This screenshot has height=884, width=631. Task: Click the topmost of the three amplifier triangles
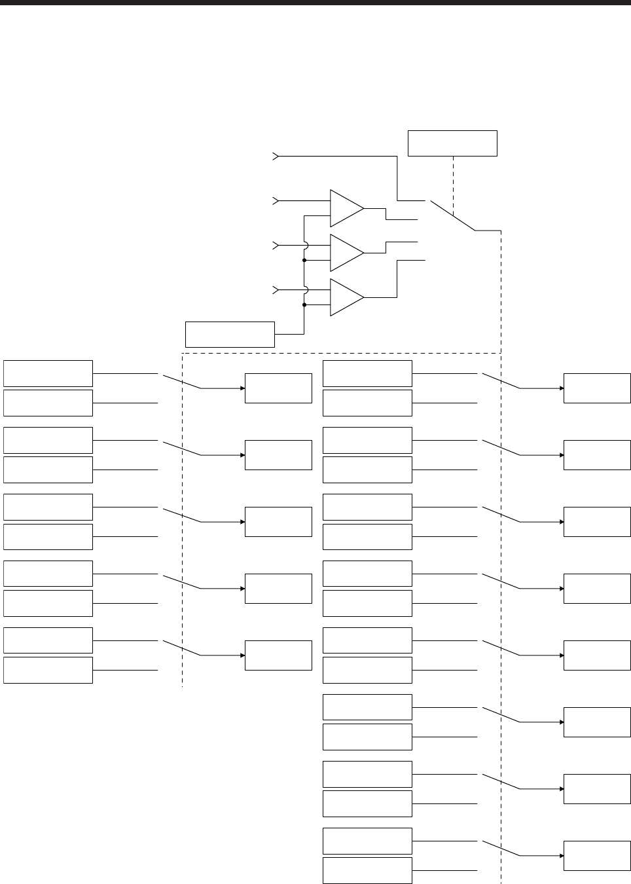[345, 208]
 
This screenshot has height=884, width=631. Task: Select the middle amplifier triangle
[345, 253]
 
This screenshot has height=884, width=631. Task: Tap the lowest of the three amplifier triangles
[345, 297]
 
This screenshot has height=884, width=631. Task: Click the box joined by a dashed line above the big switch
[452, 143]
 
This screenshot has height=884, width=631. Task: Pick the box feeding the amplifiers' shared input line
[230, 334]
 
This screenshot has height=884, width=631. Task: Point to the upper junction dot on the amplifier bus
[304, 260]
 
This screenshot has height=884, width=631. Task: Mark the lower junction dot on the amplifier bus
[304, 304]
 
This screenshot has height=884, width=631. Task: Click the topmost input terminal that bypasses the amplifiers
[276, 157]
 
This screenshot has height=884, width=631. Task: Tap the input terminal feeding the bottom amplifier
[276, 289]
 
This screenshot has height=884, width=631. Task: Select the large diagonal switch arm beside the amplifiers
[452, 215]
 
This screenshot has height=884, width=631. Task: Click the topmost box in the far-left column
[48, 373]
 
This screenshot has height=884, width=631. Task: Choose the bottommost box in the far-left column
[48, 670]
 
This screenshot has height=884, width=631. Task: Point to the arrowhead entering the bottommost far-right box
[561, 856]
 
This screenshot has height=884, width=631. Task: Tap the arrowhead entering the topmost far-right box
[561, 388]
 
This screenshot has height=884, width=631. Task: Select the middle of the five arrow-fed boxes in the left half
[278, 522]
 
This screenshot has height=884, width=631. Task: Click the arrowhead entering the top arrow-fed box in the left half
[242, 388]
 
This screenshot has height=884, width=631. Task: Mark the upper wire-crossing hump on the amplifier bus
[305, 245]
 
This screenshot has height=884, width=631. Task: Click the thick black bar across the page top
[315, 3]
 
